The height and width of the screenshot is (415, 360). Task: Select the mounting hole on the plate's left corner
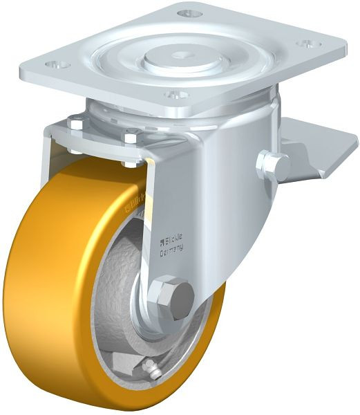[59, 64]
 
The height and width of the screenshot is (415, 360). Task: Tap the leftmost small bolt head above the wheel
[76, 124]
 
